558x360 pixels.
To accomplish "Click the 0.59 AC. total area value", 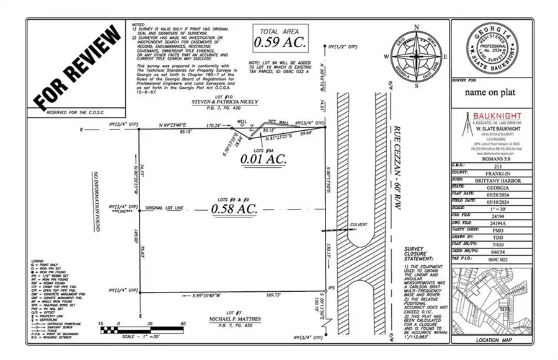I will [x=277, y=42].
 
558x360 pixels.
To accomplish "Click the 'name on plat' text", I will [x=490, y=92].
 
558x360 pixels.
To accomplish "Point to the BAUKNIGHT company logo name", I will [x=502, y=115].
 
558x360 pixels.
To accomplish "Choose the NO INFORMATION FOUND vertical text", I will [x=97, y=201].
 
